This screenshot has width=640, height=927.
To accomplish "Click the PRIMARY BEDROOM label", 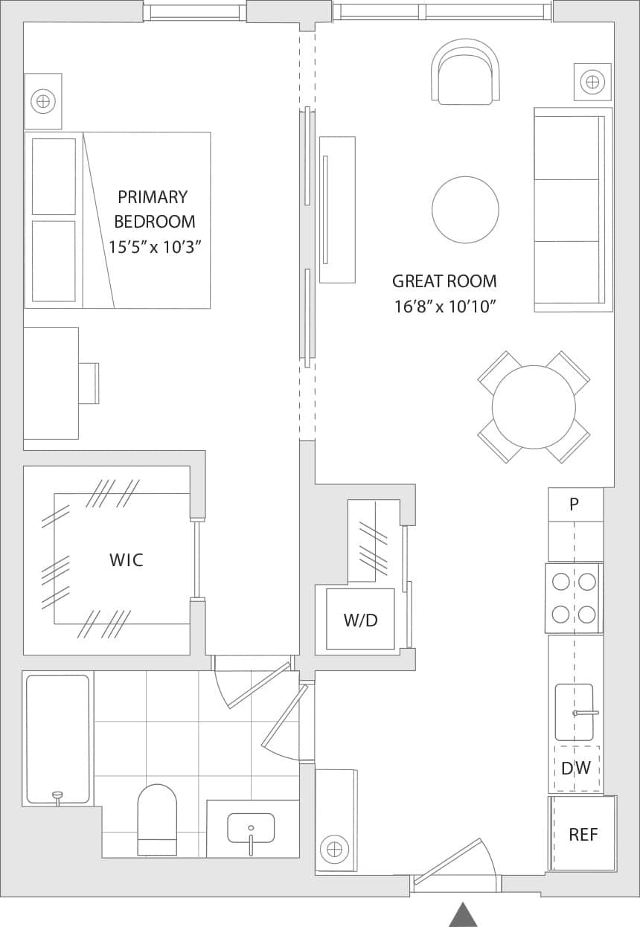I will click(x=153, y=209).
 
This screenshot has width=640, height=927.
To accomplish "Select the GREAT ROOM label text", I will click(x=444, y=281).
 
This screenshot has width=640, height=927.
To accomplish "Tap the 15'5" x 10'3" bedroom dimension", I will click(x=155, y=247).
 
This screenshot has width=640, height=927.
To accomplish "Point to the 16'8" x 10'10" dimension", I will click(x=444, y=306).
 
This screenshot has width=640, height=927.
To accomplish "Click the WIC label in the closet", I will click(x=126, y=560).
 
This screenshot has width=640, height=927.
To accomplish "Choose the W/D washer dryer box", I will click(x=360, y=620).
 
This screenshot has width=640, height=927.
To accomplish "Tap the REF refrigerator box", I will click(x=583, y=834).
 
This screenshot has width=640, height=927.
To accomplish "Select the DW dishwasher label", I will click(x=576, y=769).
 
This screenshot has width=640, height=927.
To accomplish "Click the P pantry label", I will click(x=574, y=504).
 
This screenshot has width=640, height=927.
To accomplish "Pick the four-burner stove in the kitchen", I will click(x=574, y=597).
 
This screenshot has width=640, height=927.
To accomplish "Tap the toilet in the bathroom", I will click(x=157, y=818).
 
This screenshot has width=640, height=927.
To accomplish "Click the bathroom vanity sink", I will click(x=251, y=828).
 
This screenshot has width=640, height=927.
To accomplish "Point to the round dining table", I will click(x=534, y=407).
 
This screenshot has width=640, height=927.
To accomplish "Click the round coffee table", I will click(x=465, y=210).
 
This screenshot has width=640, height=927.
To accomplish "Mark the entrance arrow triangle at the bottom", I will click(x=463, y=914).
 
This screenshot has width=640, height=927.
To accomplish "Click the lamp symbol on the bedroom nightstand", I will click(x=43, y=100).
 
